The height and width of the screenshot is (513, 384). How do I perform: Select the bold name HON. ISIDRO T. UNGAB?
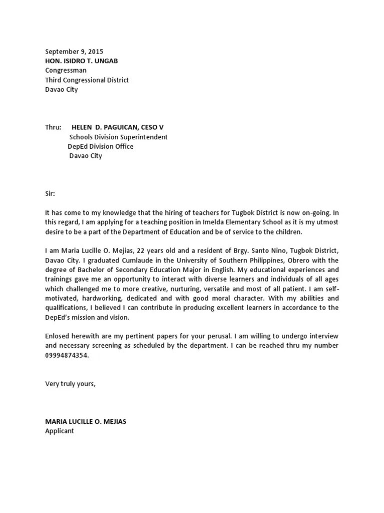(82, 61)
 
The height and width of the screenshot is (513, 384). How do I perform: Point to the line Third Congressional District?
(87, 80)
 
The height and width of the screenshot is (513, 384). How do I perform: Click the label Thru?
(53, 127)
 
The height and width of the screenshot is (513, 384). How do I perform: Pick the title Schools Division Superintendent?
(118, 137)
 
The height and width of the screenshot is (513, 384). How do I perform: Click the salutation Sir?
(50, 193)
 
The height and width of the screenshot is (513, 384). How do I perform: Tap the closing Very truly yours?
(70, 384)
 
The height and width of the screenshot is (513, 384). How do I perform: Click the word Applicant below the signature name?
(59, 431)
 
